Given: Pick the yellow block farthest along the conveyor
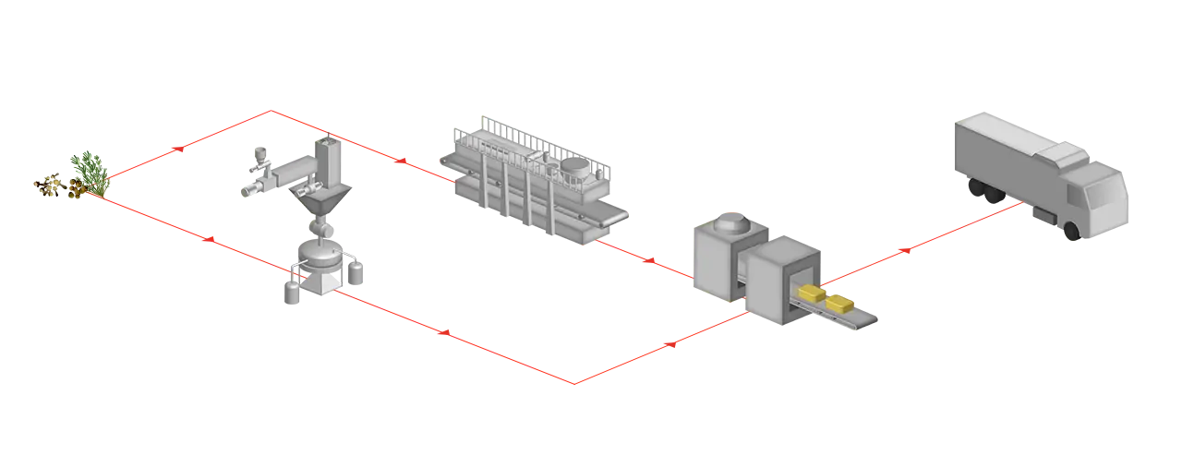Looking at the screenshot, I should (840, 304).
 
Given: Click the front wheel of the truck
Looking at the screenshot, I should (1071, 231).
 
